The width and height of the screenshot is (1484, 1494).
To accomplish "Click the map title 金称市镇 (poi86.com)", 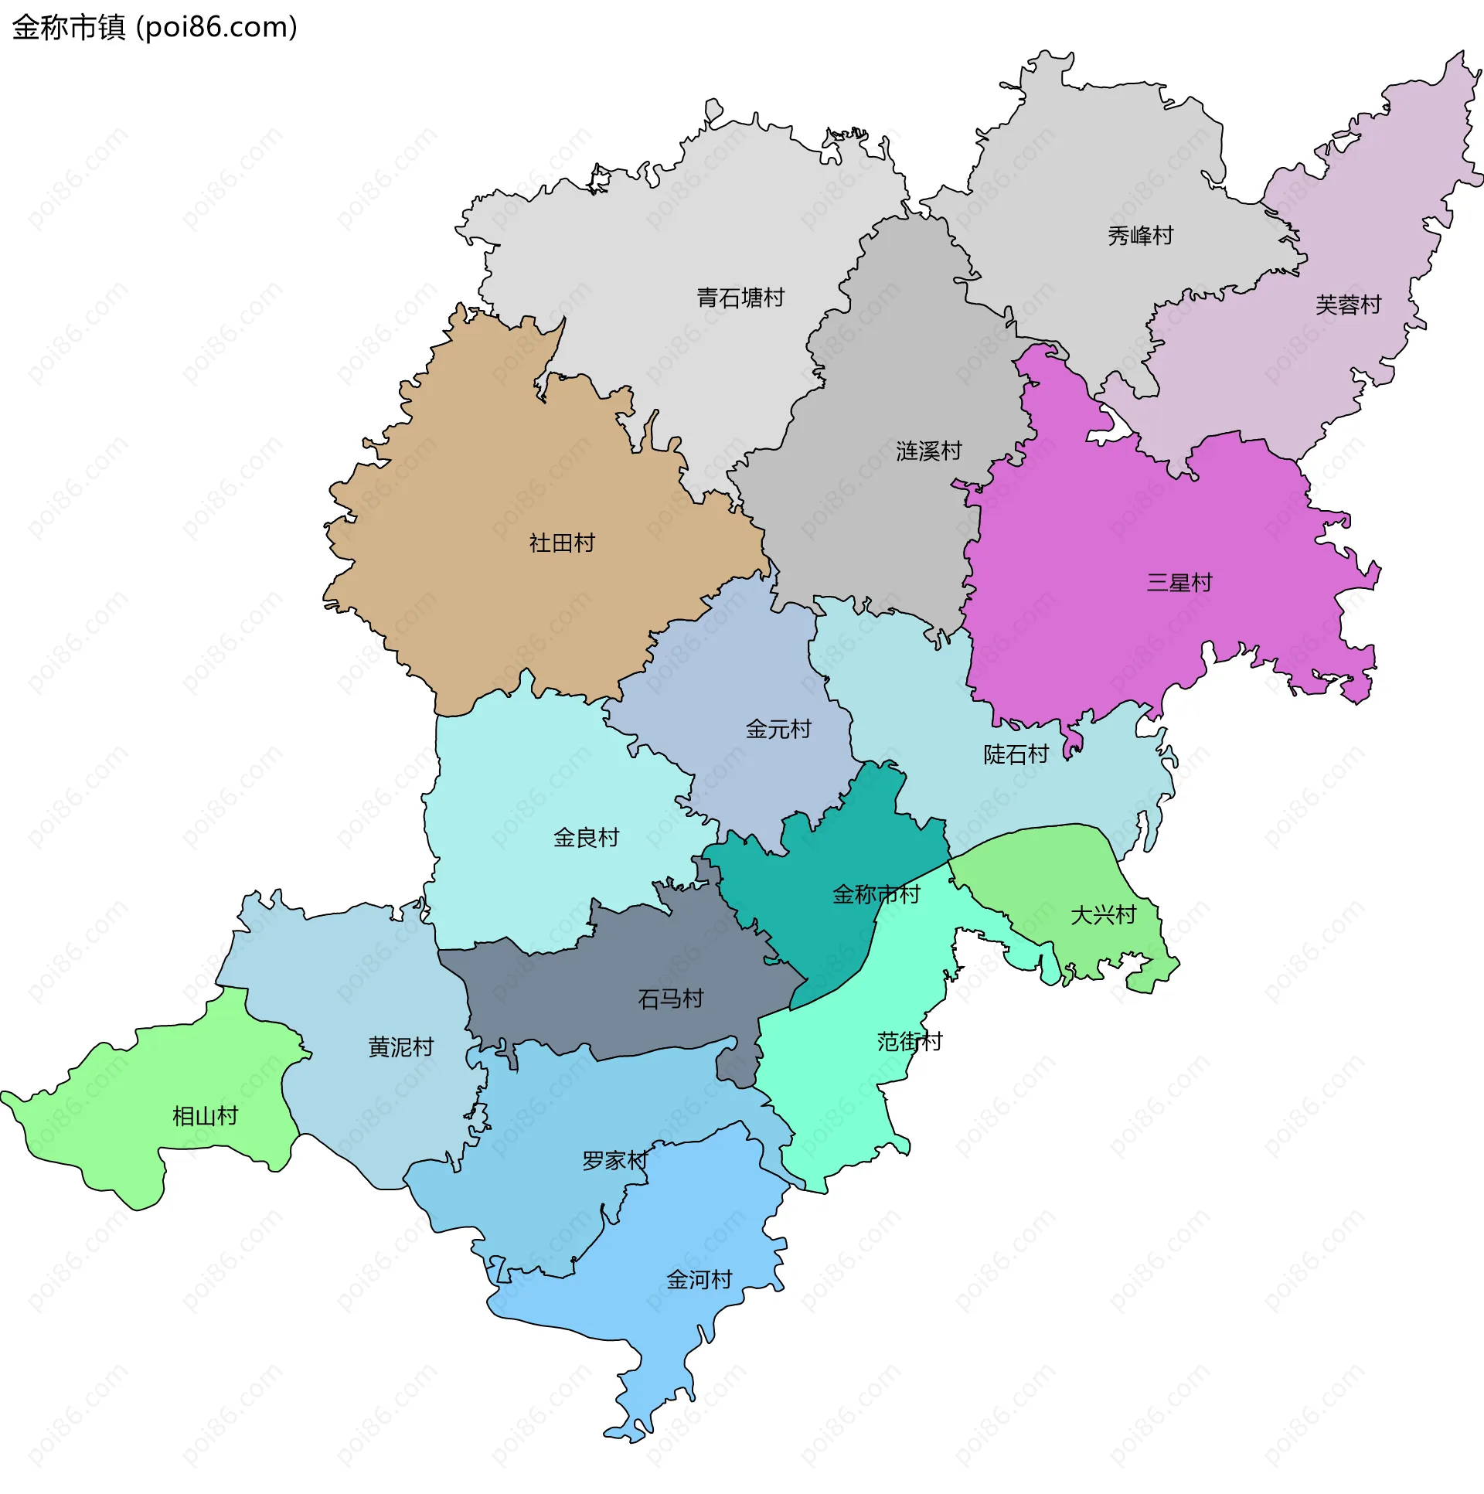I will (x=155, y=28).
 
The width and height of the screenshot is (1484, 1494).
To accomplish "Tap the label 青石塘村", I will (x=740, y=298).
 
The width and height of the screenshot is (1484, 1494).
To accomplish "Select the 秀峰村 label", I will (x=1140, y=236).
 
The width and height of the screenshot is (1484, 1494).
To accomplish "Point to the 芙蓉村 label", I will (x=1348, y=305).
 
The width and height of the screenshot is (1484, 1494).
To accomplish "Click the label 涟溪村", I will (x=928, y=451).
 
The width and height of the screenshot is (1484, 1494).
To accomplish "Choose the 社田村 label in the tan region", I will (x=561, y=543).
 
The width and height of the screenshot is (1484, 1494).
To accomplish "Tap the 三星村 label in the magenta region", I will (x=1179, y=582).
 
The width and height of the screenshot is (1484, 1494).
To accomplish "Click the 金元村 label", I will (x=778, y=729).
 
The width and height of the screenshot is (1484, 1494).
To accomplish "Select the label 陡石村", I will (x=1016, y=754).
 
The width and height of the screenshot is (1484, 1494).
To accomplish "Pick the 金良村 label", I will (x=586, y=838).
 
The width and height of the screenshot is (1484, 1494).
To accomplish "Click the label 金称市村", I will (x=876, y=895).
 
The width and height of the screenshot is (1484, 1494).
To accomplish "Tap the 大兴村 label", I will (x=1103, y=916).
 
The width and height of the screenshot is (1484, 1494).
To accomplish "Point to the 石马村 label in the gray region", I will (x=670, y=999).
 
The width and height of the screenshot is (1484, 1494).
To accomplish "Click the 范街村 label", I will (x=910, y=1042).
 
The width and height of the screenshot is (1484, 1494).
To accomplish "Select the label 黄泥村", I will (x=400, y=1047).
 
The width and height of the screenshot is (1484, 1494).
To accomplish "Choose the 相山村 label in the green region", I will (x=205, y=1116).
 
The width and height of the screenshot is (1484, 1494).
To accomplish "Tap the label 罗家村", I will (x=614, y=1160).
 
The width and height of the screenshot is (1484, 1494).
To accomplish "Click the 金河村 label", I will (x=699, y=1280).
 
